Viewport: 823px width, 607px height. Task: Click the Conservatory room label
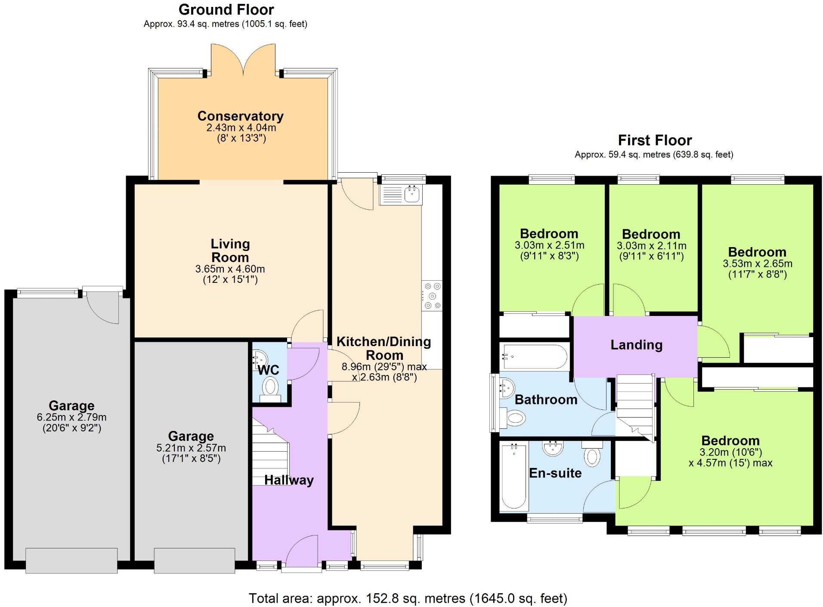(x=240, y=116)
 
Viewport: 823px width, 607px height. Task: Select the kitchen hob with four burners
(x=432, y=295)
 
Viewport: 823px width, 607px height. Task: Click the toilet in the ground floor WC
(x=270, y=387)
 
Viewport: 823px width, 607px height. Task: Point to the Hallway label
(x=289, y=480)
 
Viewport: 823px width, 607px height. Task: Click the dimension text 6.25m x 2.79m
(x=71, y=417)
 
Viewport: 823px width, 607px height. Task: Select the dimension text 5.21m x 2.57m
(x=191, y=448)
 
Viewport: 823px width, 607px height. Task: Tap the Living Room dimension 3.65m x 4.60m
(x=230, y=269)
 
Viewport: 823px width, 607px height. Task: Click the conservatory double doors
(x=243, y=60)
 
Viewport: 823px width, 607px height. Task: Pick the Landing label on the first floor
(x=636, y=345)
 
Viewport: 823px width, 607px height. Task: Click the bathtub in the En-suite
(x=514, y=476)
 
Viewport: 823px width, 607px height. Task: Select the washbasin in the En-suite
(x=553, y=449)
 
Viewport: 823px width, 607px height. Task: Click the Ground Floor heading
(x=226, y=9)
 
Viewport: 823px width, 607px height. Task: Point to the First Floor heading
(x=654, y=140)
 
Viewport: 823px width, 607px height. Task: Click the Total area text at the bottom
(x=408, y=598)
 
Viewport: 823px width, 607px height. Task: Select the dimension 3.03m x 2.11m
(x=651, y=246)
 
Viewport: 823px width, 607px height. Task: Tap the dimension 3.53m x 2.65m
(x=757, y=263)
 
